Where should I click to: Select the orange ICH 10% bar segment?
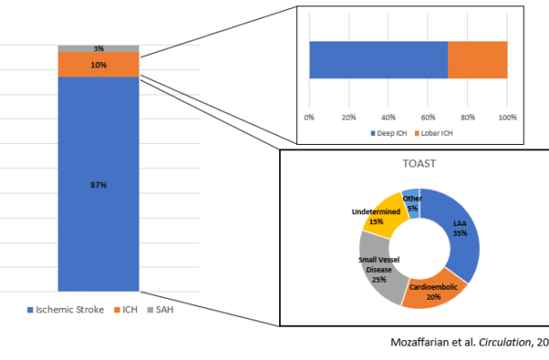[x=98, y=65]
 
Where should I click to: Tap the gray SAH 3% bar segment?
[x=98, y=48]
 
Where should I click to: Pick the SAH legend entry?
[x=164, y=310]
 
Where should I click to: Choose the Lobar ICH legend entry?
[x=436, y=134]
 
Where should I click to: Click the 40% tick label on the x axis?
[x=389, y=117]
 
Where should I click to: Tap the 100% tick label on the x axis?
[x=507, y=117]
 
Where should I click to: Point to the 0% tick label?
[x=310, y=117]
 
